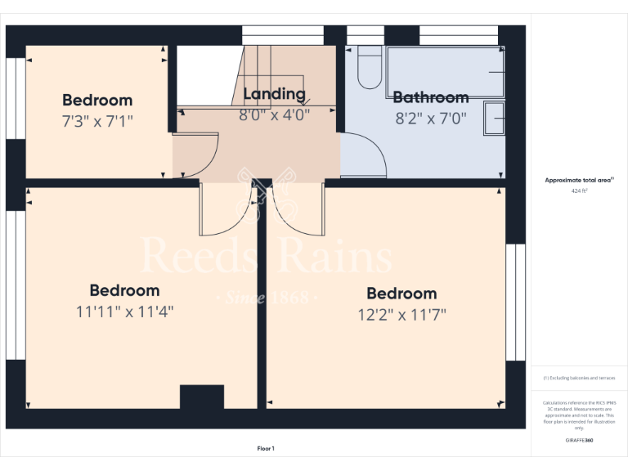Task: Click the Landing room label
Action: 274,94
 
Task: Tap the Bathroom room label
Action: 431,97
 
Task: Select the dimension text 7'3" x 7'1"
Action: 97,120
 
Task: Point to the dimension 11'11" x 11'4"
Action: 124,311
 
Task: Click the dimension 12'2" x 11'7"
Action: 401,313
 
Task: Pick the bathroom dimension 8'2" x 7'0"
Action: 431,118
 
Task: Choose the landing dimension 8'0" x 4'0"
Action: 274,114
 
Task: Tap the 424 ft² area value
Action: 579,191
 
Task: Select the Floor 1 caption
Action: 266,448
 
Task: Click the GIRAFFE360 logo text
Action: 579,441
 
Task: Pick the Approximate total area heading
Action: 579,180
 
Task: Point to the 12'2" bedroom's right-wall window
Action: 515,303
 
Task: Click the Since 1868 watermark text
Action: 266,297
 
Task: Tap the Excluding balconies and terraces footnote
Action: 579,378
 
